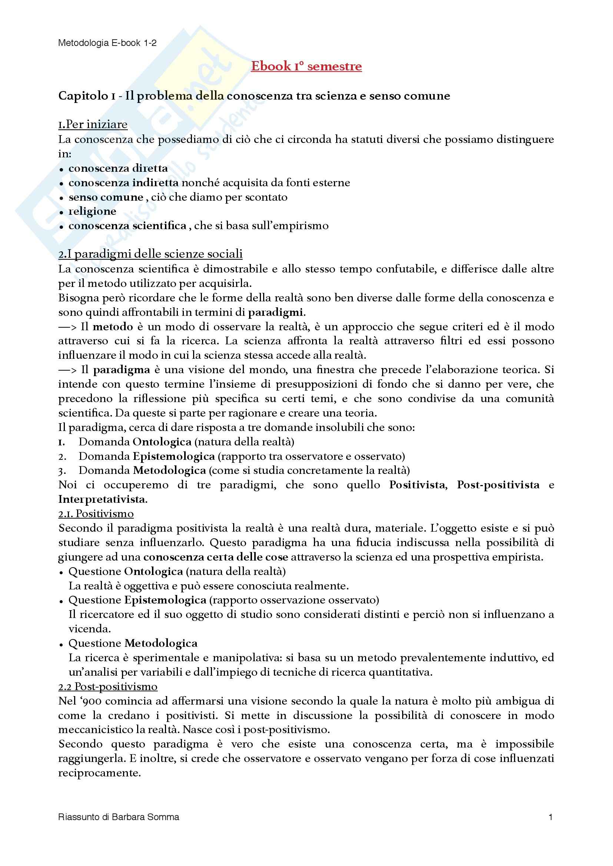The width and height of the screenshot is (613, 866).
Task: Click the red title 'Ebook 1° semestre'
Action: coord(306,66)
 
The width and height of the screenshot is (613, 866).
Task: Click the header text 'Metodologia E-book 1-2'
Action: coord(107,43)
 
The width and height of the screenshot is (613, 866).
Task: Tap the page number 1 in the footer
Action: coord(551,817)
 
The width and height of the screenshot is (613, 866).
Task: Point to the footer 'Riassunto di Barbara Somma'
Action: coord(119,817)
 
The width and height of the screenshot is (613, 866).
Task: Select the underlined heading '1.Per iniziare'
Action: coord(93,124)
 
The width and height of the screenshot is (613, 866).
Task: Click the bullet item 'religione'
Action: coord(92,212)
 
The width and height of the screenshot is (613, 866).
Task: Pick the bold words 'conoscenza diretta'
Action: coord(118,168)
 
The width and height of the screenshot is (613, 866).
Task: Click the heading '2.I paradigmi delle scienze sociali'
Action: coord(150,254)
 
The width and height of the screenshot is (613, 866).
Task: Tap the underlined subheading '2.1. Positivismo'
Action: coord(96,514)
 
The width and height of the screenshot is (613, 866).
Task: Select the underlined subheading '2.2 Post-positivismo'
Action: coord(107,687)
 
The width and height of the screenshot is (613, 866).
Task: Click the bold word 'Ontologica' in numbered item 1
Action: coord(162,442)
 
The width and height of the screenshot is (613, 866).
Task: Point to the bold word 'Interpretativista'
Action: coord(102,500)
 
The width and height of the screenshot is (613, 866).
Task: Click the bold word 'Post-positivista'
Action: coord(498,485)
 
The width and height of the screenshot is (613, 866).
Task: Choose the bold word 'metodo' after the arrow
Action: coord(113,327)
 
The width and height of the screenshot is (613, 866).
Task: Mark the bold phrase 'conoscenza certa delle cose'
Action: coord(216,557)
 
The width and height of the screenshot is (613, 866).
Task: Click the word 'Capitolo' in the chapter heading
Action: coord(83,96)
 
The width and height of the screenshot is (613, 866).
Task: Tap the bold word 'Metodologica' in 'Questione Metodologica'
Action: coord(161,643)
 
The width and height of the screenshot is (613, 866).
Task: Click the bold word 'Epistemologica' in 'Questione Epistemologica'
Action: coord(165,600)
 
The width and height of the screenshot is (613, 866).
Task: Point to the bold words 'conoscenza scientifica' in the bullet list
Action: coord(127,226)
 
